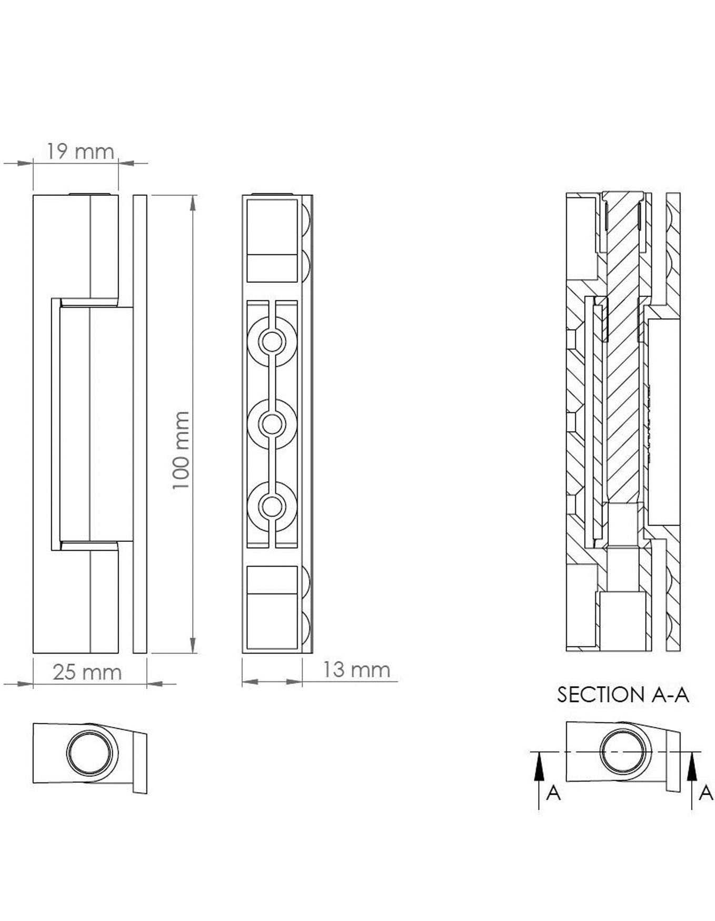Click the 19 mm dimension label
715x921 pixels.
point(80,152)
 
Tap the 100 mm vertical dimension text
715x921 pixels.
point(181,450)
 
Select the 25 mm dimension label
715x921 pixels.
point(87,672)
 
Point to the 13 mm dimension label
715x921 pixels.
point(356,670)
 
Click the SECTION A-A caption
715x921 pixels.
point(623,695)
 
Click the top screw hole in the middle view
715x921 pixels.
point(272,342)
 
